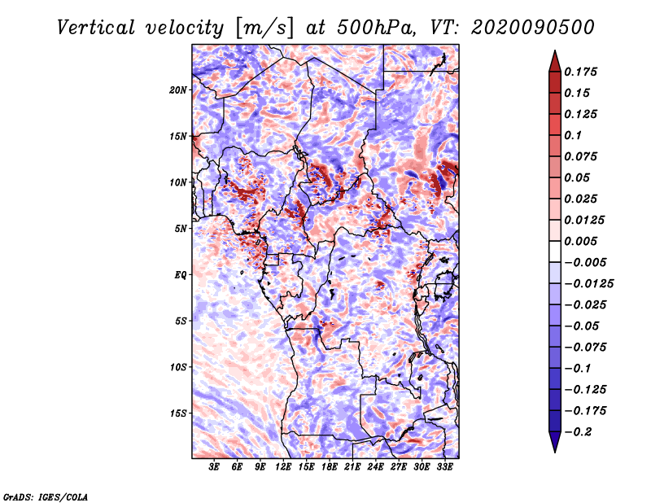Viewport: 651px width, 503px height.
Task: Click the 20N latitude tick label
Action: [x=178, y=90]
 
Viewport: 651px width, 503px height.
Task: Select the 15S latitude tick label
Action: [x=178, y=413]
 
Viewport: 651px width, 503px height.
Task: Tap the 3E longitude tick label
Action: [x=214, y=467]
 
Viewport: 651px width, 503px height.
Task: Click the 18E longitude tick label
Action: [x=330, y=467]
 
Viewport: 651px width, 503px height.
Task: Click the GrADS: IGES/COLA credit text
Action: [x=46, y=496]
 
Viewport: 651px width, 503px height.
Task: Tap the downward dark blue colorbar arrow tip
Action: [x=554, y=448]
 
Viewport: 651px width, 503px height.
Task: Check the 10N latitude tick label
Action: [x=178, y=182]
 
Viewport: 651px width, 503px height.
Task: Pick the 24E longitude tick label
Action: [x=376, y=467]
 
